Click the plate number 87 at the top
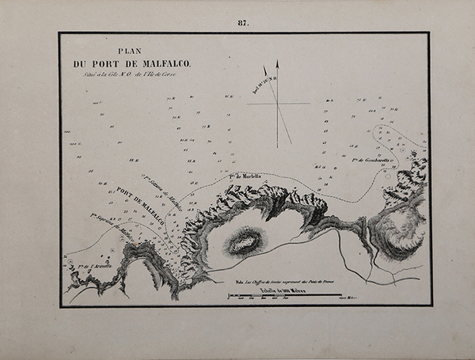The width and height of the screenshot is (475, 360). tap(243, 23)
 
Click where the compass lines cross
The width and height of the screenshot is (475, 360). tap(278, 104)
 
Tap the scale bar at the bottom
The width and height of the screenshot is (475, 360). tap(285, 297)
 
